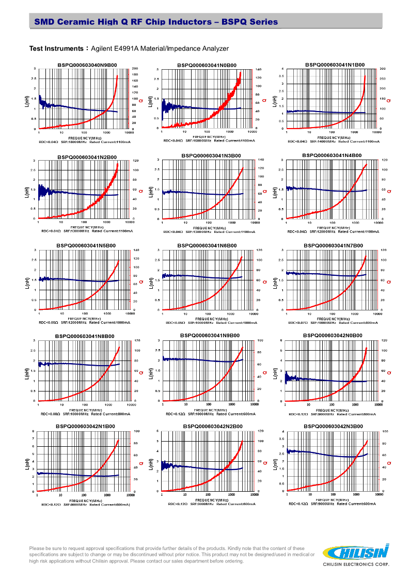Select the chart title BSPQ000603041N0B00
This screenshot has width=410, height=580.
(207, 65)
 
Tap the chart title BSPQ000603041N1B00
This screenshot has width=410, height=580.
(335, 65)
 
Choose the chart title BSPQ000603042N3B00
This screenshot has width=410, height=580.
(333, 426)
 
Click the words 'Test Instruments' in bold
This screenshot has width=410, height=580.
(56, 49)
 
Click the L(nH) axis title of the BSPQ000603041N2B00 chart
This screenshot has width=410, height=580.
(27, 192)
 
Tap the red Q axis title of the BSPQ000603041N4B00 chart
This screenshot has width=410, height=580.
(389, 192)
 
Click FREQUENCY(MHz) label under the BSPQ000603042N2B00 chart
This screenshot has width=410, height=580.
(207, 500)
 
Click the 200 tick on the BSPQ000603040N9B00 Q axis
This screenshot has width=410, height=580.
(135, 69)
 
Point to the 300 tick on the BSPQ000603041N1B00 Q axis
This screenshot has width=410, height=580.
(382, 69)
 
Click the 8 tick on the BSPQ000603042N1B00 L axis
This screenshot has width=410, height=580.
(34, 431)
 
